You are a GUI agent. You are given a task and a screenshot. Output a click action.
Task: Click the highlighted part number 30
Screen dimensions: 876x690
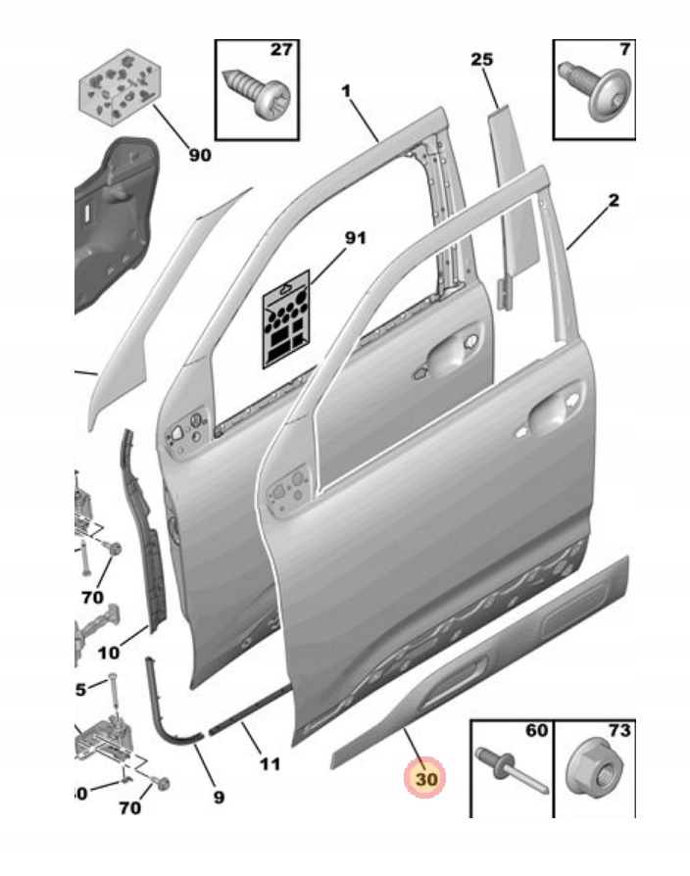pyautogui.click(x=426, y=779)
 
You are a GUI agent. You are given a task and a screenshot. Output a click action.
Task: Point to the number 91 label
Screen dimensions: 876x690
pyautogui.click(x=354, y=238)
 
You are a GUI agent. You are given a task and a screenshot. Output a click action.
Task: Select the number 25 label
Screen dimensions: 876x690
pyautogui.click(x=481, y=60)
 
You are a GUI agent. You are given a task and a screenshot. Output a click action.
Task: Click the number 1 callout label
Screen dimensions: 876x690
pyautogui.click(x=346, y=90)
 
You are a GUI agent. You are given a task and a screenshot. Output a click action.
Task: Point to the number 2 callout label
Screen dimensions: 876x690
pyautogui.click(x=613, y=201)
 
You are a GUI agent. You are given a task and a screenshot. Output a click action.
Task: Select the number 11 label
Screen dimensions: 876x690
pyautogui.click(x=271, y=764)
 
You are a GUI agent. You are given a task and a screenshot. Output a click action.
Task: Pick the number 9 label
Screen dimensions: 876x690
pyautogui.click(x=218, y=798)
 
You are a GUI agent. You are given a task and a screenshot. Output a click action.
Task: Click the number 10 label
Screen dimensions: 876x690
pyautogui.click(x=109, y=651)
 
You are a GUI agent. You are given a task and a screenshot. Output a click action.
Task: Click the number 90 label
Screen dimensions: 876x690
pyautogui.click(x=199, y=155)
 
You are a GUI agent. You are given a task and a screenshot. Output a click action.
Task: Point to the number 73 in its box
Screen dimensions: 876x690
pyautogui.click(x=618, y=731)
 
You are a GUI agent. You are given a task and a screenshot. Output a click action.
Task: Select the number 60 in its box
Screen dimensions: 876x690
pyautogui.click(x=537, y=731)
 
